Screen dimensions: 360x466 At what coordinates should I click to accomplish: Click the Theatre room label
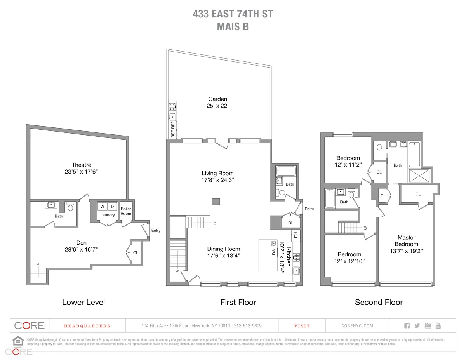click(x=82, y=165)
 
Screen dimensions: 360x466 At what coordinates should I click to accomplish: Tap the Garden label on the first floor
click(x=217, y=99)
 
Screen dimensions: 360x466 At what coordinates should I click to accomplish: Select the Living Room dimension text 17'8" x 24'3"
click(x=217, y=180)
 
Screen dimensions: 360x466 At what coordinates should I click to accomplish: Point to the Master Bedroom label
click(x=407, y=241)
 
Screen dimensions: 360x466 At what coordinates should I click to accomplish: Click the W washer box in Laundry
click(x=103, y=206)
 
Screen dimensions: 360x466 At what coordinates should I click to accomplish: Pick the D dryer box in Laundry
click(x=113, y=206)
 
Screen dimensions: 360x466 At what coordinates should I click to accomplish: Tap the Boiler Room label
click(x=126, y=211)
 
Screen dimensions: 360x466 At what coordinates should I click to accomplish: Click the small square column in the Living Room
click(x=216, y=201)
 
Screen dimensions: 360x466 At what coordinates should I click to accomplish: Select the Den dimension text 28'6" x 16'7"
click(x=81, y=250)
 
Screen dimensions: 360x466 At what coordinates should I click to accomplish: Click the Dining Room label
click(x=224, y=249)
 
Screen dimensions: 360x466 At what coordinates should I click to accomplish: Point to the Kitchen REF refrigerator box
click(x=296, y=235)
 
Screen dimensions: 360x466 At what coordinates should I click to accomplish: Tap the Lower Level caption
click(x=83, y=302)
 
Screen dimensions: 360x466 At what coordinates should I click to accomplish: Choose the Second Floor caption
click(x=379, y=302)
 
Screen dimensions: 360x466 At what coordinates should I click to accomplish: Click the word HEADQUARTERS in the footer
click(x=87, y=326)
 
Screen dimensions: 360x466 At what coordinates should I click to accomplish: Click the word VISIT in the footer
click(x=302, y=326)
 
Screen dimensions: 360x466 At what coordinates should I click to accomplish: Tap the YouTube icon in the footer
click(x=438, y=325)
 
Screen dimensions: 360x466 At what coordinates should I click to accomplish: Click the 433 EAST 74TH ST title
click(x=233, y=14)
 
